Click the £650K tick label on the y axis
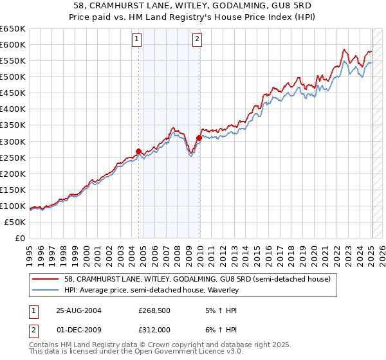13,29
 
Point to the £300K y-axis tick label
13,141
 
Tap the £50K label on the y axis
15,222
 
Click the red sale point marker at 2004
139,152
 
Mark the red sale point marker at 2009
199,138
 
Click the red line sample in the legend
46,279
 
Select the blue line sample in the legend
46,290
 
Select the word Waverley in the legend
223,290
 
